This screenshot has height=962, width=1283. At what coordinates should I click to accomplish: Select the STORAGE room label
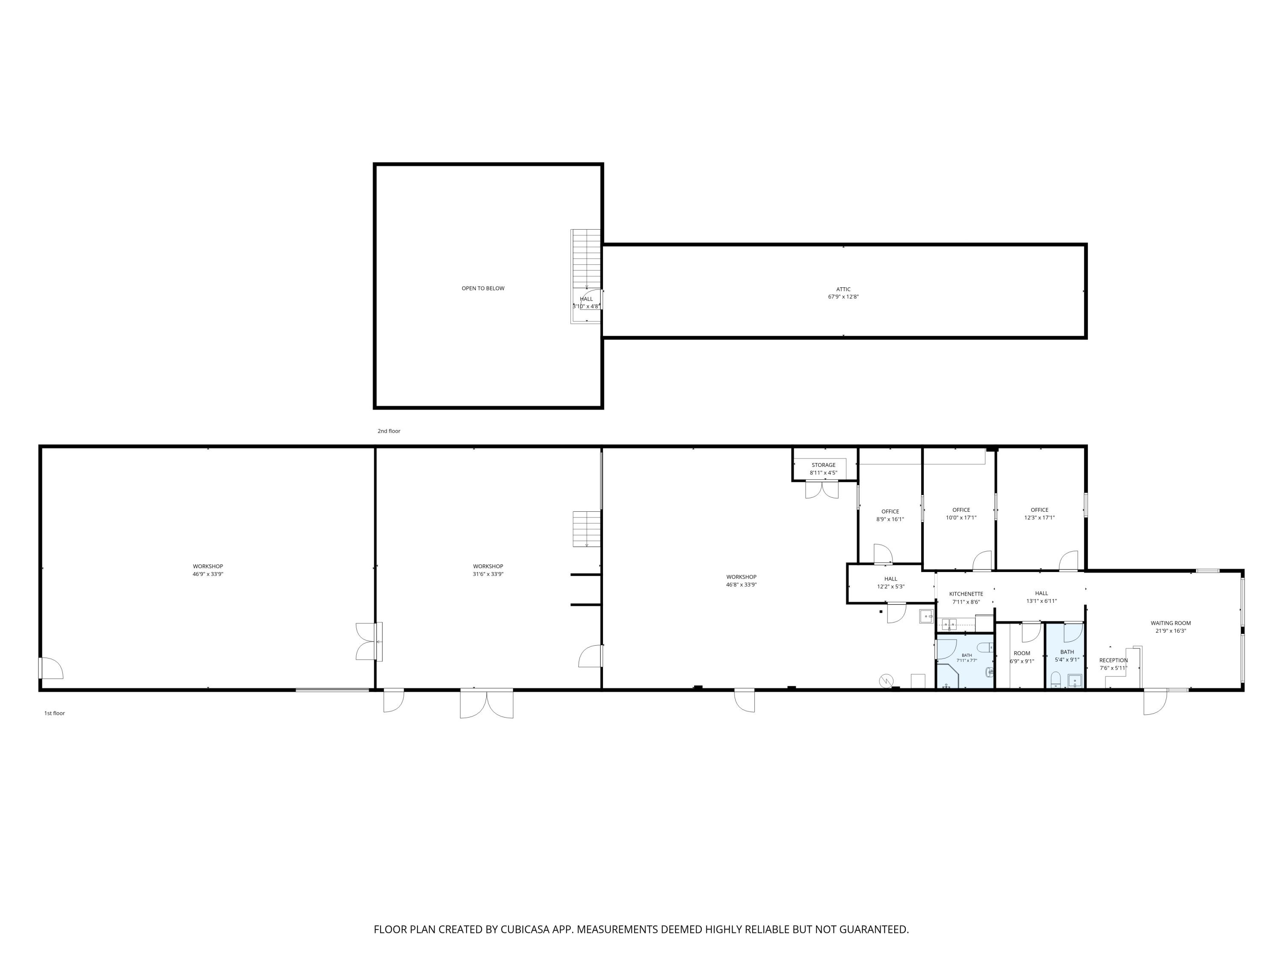pyautogui.click(x=823, y=465)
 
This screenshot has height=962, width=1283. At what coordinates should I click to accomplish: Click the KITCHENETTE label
pyautogui.click(x=966, y=594)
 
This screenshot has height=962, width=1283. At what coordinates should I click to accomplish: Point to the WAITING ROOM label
pyautogui.click(x=1171, y=623)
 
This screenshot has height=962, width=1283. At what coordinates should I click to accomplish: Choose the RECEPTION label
pyautogui.click(x=1113, y=661)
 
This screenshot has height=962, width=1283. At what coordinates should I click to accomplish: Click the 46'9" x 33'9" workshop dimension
pyautogui.click(x=208, y=574)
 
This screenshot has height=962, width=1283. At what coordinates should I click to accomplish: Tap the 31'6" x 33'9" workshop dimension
pyautogui.click(x=488, y=574)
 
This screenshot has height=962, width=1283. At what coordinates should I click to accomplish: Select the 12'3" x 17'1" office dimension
pyautogui.click(x=1039, y=518)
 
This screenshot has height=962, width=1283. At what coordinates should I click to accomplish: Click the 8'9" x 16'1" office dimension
pyautogui.click(x=890, y=519)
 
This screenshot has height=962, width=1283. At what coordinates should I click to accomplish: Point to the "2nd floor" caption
pyautogui.click(x=389, y=431)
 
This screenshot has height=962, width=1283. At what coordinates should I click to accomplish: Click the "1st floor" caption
pyautogui.click(x=54, y=713)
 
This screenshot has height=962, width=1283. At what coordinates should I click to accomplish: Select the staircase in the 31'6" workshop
pyautogui.click(x=586, y=529)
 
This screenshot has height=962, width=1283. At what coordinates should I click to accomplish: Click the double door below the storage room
pyautogui.click(x=822, y=490)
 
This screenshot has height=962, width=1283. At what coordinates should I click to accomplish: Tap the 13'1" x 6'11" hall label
pyautogui.click(x=1042, y=597)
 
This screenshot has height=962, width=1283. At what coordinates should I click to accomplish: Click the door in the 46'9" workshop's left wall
pyautogui.click(x=51, y=667)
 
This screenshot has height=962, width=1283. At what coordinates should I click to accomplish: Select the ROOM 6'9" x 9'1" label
pyautogui.click(x=1022, y=658)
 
